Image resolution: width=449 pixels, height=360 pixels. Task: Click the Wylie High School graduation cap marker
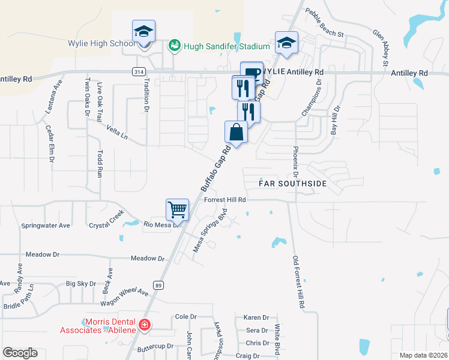144,31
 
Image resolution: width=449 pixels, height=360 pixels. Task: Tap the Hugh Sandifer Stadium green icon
175,45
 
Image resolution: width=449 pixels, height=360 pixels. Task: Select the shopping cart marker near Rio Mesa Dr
178,210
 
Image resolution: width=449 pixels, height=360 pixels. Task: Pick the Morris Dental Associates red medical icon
144,326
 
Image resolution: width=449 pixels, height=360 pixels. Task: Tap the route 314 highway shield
139,71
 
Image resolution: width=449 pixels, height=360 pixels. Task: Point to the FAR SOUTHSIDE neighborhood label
292,184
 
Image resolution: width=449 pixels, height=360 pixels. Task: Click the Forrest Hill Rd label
225,200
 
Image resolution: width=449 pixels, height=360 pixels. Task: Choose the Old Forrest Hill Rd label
297,282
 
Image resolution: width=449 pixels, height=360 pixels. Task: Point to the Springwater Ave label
46,226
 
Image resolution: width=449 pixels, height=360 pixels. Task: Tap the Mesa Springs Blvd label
209,230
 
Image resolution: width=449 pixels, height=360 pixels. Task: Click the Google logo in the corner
20,353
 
